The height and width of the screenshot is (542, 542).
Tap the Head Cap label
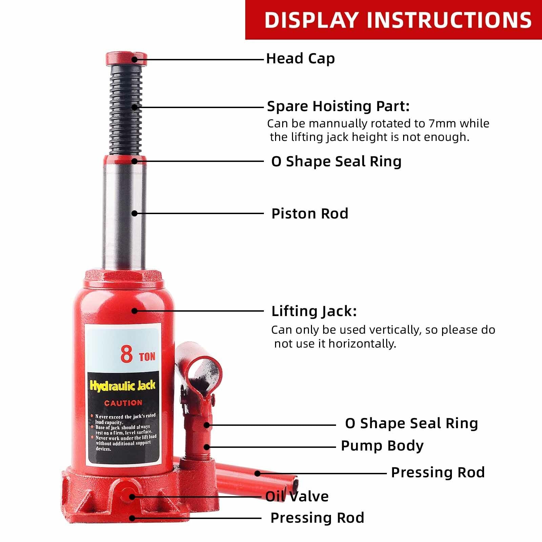click(x=300, y=59)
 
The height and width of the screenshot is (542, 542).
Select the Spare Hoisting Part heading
click(x=338, y=106)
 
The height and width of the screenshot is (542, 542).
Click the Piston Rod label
click(x=310, y=214)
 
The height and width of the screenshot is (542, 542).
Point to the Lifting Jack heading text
click(x=314, y=311)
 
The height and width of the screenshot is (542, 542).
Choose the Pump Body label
click(x=382, y=446)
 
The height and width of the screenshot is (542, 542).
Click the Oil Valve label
click(x=297, y=497)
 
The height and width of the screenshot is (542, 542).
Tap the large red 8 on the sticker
click(x=127, y=354)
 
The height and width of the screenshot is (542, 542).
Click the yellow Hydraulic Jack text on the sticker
click(x=122, y=385)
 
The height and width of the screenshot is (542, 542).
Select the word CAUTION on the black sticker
click(x=123, y=403)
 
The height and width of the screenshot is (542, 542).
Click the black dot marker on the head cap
click(x=134, y=60)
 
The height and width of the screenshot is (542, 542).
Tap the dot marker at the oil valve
click(x=132, y=497)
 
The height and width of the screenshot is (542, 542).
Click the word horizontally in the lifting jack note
click(x=362, y=344)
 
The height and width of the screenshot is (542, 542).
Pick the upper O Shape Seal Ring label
click(x=336, y=162)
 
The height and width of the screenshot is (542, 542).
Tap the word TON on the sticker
click(x=147, y=356)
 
